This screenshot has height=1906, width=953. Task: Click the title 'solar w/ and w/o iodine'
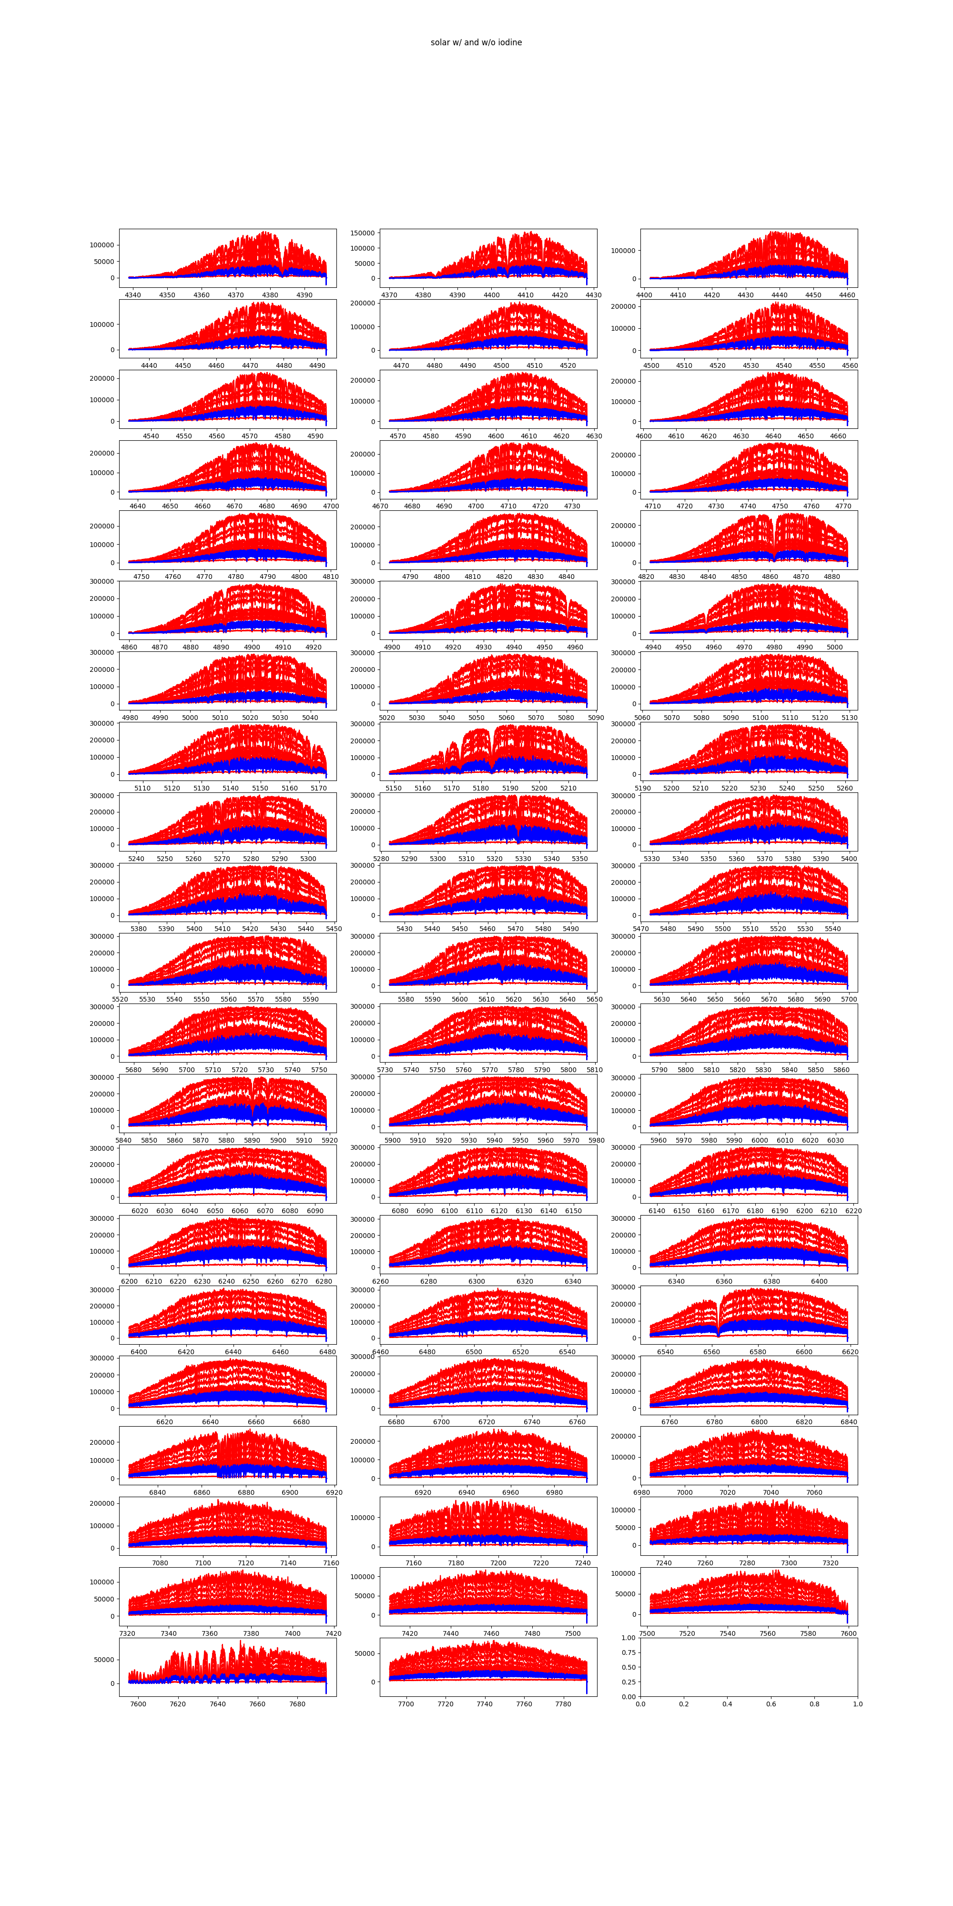point(476,42)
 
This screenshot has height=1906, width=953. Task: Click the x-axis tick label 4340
point(132,295)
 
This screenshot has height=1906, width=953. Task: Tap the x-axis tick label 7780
point(563,1704)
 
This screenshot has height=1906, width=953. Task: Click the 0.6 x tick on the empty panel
point(771,1704)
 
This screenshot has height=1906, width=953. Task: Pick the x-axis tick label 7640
point(218,1704)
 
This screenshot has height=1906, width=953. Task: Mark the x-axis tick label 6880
point(246,1492)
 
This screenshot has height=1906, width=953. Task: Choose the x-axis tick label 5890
point(253,1140)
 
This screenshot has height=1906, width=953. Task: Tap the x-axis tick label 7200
point(499,1563)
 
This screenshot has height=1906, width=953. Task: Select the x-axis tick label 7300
point(790,1563)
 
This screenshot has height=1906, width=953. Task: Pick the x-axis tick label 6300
point(476,1281)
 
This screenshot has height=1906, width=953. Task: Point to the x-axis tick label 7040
point(771,1492)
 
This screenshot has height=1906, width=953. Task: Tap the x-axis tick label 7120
point(246,1563)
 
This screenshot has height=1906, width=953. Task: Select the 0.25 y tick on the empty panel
point(628,1682)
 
